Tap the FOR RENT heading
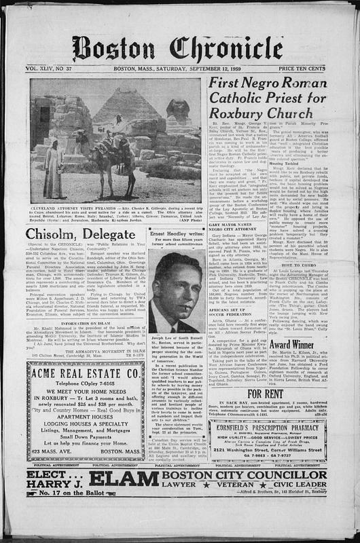[x=275, y=393]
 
